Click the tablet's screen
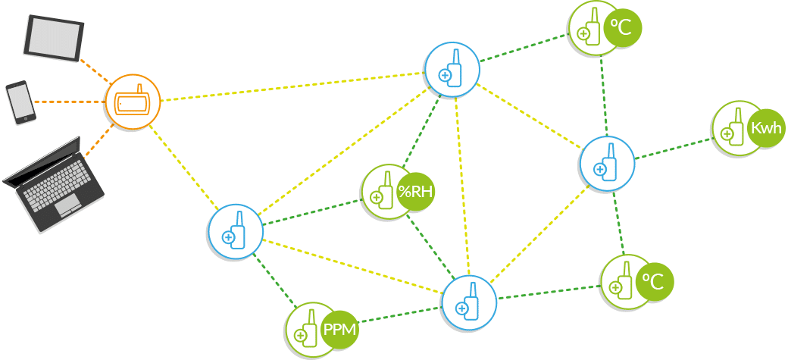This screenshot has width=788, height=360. tap(54, 36)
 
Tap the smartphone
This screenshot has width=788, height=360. tap(20, 101)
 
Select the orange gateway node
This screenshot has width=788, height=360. tap(133, 102)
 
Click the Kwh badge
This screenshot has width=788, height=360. tap(765, 127)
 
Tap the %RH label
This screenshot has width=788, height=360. tap(416, 191)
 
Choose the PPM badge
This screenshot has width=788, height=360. tap(339, 330)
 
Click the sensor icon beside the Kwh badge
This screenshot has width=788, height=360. tap(732, 129)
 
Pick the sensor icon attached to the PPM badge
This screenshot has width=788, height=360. tap(307, 330)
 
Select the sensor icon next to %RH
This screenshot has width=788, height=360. tap(382, 192)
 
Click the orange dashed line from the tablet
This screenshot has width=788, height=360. tap(95, 71)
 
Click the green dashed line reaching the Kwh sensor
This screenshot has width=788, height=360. tap(674, 148)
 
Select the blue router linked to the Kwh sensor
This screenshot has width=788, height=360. tap(607, 164)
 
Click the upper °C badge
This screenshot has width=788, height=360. tap(623, 28)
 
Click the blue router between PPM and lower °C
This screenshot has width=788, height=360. tap(469, 302)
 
